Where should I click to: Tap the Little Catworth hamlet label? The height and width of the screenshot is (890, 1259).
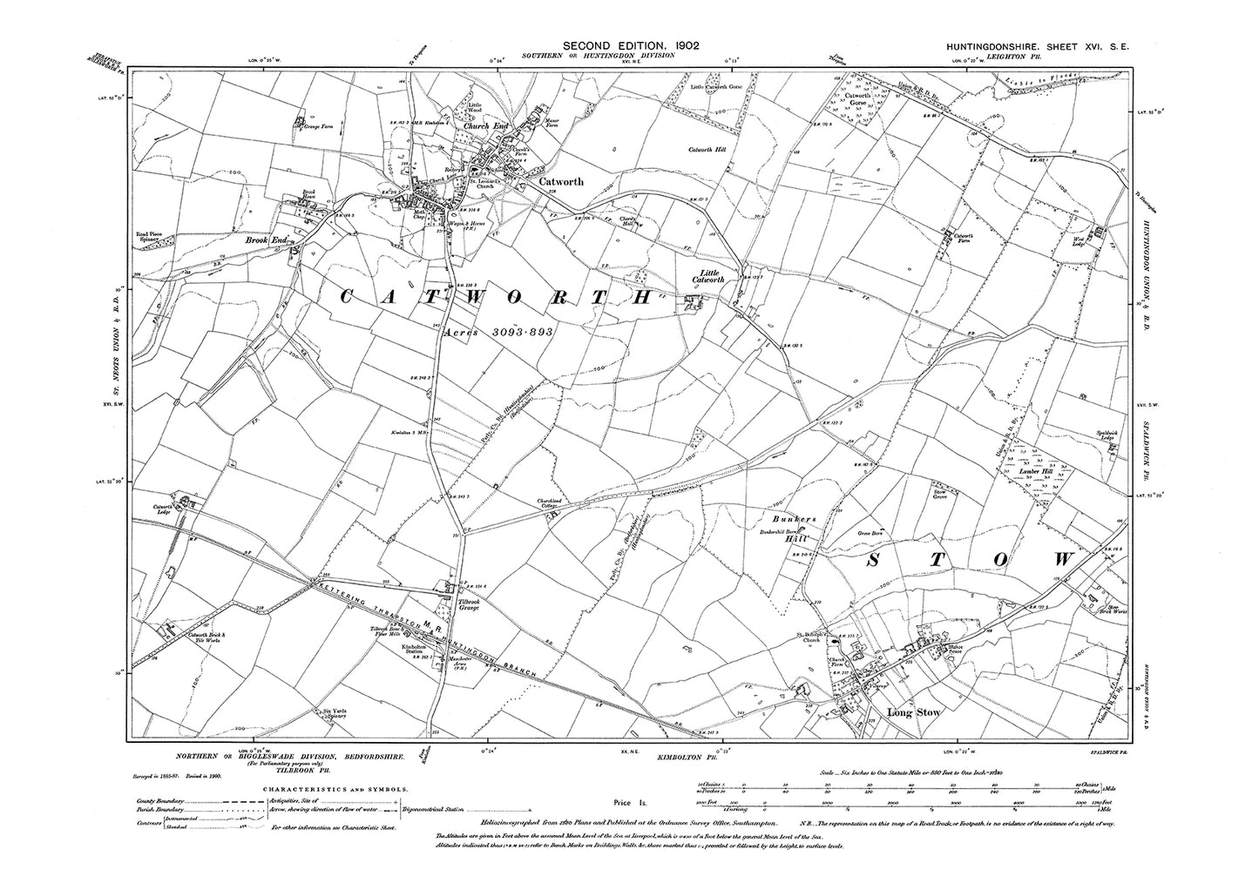point(705,275)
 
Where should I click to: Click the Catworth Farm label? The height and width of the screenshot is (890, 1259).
point(964,239)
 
